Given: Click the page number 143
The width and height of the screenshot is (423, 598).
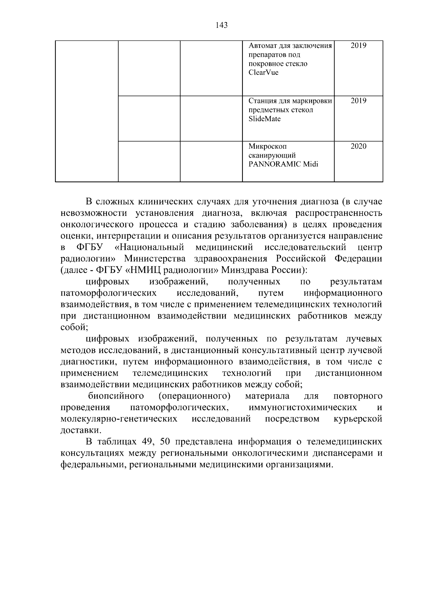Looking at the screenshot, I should point(221,25).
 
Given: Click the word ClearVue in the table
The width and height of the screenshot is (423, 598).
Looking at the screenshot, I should point(263,73).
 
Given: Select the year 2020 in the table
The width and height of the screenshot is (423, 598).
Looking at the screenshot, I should point(358,146).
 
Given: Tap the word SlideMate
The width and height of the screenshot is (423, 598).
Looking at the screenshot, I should point(265,119).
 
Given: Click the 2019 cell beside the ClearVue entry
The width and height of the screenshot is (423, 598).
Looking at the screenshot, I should point(358,45).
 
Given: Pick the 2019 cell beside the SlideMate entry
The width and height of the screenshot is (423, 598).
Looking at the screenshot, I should point(358,101).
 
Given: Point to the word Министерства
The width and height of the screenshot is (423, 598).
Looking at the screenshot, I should point(155,259).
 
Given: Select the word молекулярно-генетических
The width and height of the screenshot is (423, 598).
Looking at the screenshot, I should point(119,419).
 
